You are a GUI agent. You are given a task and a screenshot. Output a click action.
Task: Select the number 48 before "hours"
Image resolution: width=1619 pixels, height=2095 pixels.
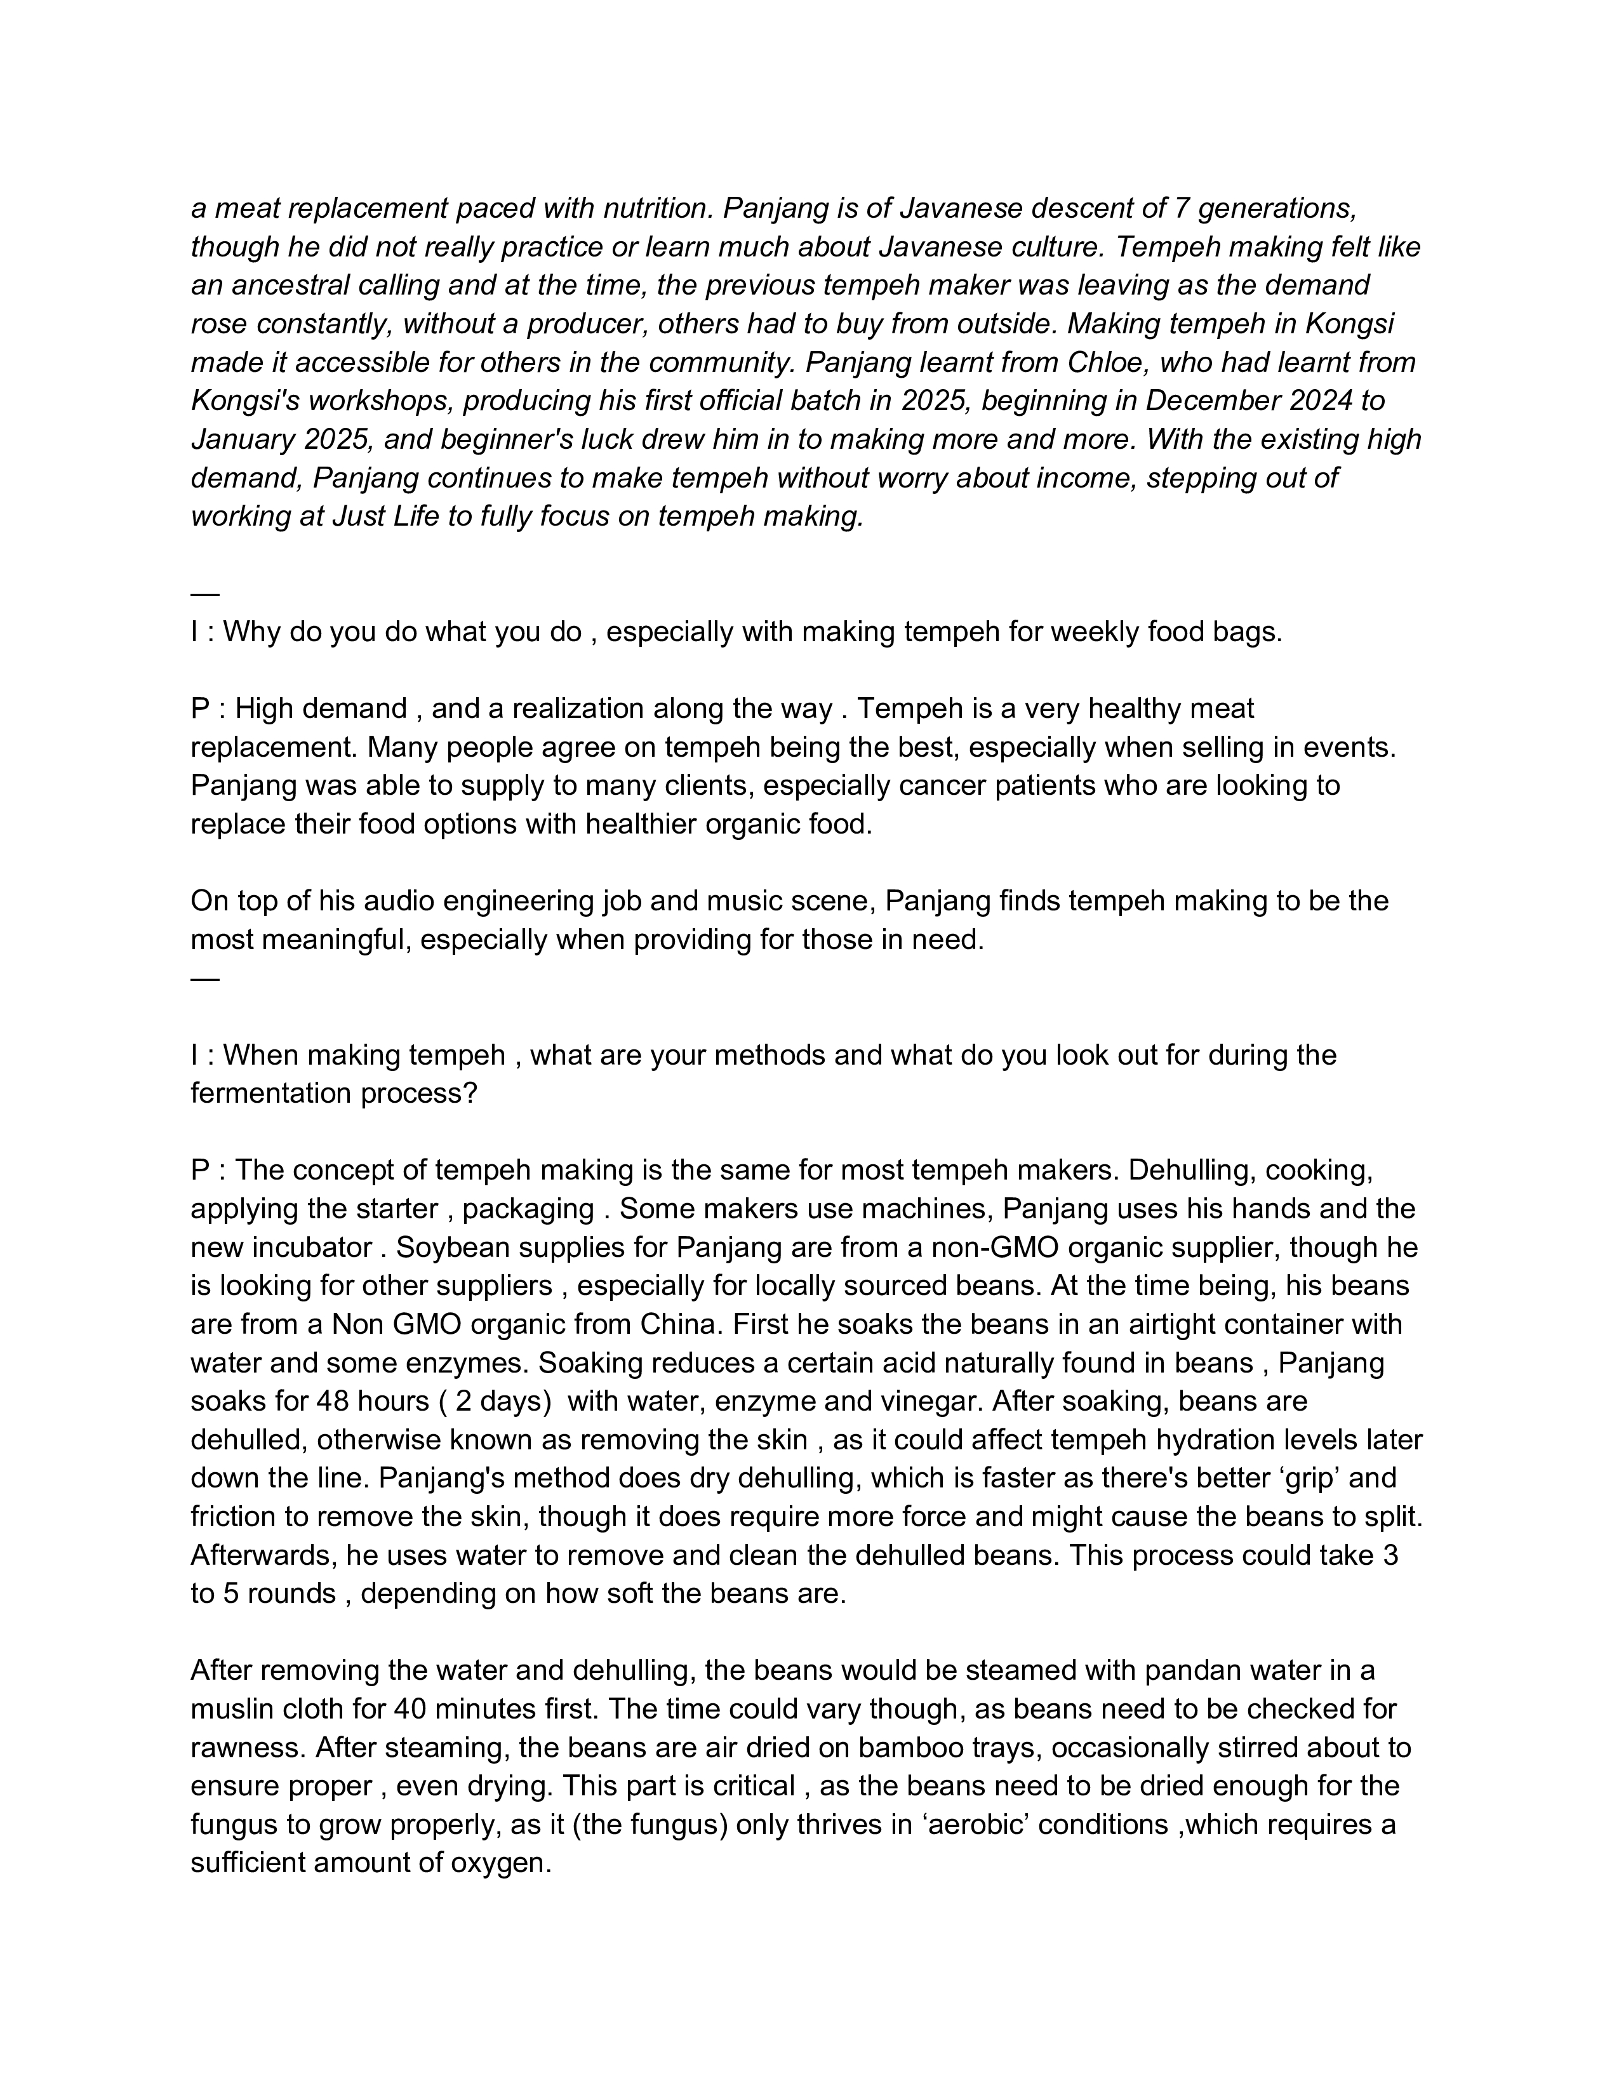pyautogui.click(x=333, y=1402)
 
